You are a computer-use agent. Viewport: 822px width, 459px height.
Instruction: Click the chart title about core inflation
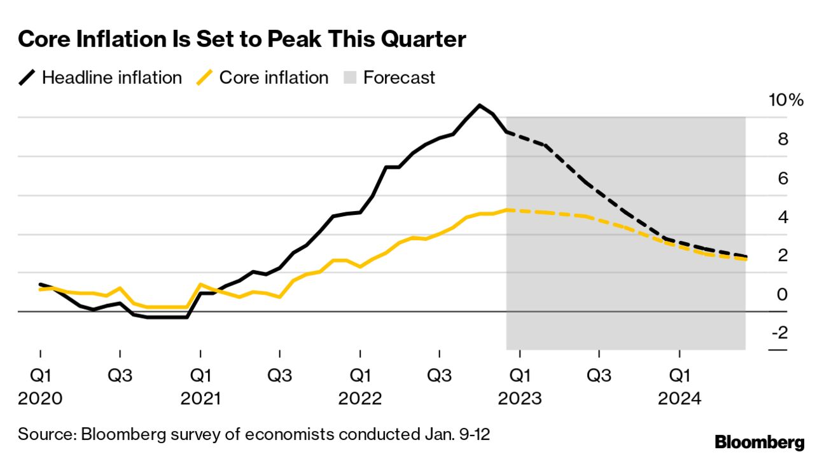[242, 39]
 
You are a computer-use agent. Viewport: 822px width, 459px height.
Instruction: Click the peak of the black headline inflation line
[480, 105]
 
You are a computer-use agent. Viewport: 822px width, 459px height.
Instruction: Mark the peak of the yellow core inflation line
[508, 209]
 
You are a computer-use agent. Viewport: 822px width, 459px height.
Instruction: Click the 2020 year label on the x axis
[40, 399]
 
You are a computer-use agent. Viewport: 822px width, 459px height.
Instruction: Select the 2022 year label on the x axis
[360, 399]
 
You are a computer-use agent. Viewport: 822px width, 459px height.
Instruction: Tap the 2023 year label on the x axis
[520, 399]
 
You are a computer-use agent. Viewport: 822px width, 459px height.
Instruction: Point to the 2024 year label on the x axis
[679, 399]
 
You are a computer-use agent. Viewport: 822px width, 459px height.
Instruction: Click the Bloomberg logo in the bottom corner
[760, 442]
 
